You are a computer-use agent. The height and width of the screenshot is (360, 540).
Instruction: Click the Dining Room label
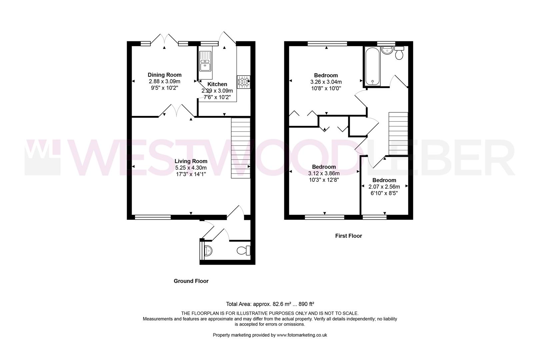pos(165,75)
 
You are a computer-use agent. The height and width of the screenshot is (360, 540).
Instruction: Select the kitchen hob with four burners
pos(244,82)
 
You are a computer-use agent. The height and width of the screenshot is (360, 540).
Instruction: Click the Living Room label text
pos(191,161)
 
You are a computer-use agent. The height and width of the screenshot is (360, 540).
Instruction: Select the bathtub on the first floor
pos(372,66)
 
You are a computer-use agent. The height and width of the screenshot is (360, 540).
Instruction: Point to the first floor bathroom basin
pos(387,51)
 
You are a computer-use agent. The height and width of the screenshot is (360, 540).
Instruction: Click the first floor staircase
pos(398,133)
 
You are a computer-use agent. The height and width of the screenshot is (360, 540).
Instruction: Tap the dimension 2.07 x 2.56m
pos(384,187)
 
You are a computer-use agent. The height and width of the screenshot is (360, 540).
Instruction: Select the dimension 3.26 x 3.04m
pos(326,82)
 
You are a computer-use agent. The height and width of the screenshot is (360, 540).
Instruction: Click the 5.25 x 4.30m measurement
pos(191,168)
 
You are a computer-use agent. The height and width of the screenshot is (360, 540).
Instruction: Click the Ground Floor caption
pos(191,281)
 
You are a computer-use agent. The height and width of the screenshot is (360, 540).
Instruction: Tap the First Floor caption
pos(348,236)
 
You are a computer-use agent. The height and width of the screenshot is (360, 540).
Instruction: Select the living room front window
pos(153,217)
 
